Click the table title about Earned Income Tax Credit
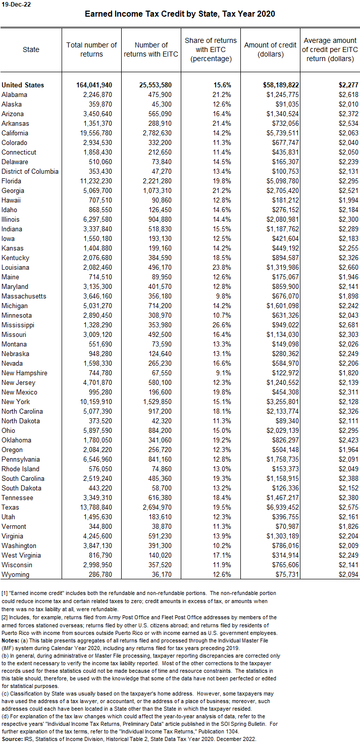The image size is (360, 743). pos(180,14)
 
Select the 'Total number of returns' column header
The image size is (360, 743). pos(91,49)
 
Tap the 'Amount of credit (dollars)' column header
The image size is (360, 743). pos(270,49)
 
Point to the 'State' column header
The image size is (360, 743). pos(31,49)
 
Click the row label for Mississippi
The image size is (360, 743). pos(19,325)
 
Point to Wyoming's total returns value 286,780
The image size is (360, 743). pos(98,574)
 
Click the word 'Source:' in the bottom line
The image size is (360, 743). pos(12,739)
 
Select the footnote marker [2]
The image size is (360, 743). pos(5,617)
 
